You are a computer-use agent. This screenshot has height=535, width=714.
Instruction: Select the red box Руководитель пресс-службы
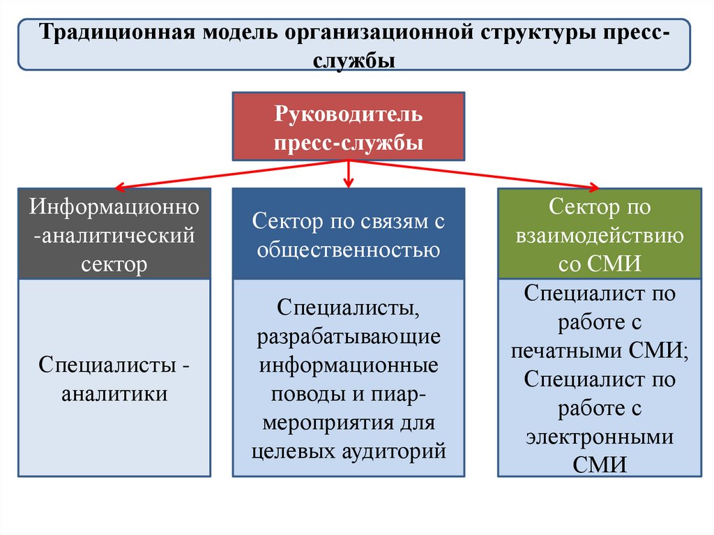pyautogui.click(x=347, y=127)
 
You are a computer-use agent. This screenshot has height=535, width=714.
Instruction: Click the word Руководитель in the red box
pyautogui.click(x=348, y=113)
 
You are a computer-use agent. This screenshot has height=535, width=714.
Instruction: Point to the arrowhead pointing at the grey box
pyautogui.click(x=119, y=187)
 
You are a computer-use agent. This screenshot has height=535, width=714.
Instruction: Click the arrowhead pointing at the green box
pyautogui.click(x=593, y=186)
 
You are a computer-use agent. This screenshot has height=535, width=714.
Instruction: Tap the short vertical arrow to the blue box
pyautogui.click(x=348, y=174)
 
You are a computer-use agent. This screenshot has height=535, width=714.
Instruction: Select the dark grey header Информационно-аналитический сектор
pyautogui.click(x=114, y=234)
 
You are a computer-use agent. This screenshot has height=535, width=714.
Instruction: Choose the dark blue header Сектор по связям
pyautogui.click(x=347, y=234)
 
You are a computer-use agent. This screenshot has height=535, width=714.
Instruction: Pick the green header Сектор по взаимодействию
pyautogui.click(x=600, y=234)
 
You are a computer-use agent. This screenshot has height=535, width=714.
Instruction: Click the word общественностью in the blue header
pyautogui.click(x=348, y=249)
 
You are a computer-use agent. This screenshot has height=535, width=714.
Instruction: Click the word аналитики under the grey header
pyautogui.click(x=114, y=393)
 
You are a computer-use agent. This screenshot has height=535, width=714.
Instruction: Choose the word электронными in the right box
pyautogui.click(x=600, y=437)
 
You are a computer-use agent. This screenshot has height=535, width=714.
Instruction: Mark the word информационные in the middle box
pyautogui.click(x=348, y=366)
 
